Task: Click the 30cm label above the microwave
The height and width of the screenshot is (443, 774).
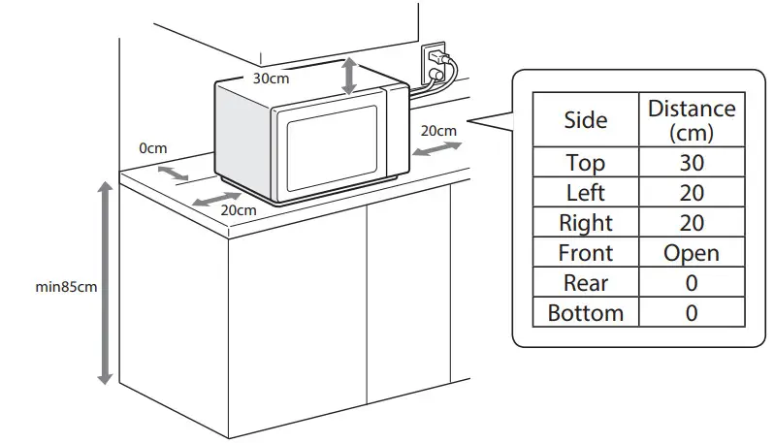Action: pyautogui.click(x=271, y=79)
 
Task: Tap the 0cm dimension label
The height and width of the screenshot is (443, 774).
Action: pyautogui.click(x=153, y=148)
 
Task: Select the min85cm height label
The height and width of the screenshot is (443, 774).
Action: pyautogui.click(x=65, y=287)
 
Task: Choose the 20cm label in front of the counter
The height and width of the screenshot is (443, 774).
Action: pyautogui.click(x=239, y=209)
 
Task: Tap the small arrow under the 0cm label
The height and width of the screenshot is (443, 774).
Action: pyautogui.click(x=174, y=172)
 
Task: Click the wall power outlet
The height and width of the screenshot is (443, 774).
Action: pyautogui.click(x=434, y=64)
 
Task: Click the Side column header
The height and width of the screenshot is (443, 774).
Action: pyautogui.click(x=585, y=120)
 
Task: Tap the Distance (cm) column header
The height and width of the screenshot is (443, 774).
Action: pyautogui.click(x=691, y=120)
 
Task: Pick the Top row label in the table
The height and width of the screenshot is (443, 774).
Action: pyautogui.click(x=585, y=163)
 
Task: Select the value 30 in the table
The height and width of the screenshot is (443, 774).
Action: pyautogui.click(x=691, y=163)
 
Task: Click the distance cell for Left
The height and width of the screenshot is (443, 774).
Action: pyautogui.click(x=691, y=193)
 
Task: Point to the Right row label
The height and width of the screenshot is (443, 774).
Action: pyautogui.click(x=585, y=223)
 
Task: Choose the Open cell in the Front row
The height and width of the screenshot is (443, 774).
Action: pyautogui.click(x=691, y=253)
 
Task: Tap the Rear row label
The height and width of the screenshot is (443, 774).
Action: pyautogui.click(x=585, y=283)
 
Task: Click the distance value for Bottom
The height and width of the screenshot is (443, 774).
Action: pyautogui.click(x=691, y=313)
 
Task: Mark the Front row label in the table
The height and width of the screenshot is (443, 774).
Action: pyautogui.click(x=585, y=253)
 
